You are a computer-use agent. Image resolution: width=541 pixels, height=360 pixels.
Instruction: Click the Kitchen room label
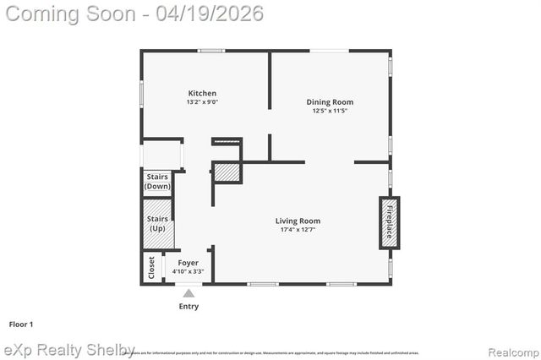tap(202, 93)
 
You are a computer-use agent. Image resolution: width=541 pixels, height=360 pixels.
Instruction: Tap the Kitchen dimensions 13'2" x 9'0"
tap(202, 102)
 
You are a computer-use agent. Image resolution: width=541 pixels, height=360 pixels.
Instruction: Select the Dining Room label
tap(329, 101)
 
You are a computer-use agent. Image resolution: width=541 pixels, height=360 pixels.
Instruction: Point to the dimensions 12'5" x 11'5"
tap(329, 111)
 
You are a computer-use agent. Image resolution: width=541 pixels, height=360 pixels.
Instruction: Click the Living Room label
tap(298, 221)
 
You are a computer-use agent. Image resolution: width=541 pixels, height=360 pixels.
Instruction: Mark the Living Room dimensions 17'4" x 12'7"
tap(298, 230)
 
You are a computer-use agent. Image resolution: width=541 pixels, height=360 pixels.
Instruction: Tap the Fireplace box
tap(389, 223)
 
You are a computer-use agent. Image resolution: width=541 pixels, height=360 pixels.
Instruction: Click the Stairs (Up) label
tap(157, 224)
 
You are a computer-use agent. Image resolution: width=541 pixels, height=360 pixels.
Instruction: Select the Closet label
tap(152, 268)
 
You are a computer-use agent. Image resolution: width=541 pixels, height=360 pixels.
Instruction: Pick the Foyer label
tap(189, 263)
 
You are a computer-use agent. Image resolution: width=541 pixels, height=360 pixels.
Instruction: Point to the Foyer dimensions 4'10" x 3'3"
tap(189, 272)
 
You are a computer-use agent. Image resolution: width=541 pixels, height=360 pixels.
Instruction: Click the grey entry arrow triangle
tap(189, 293)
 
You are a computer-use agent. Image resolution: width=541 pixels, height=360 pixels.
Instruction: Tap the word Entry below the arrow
tap(189, 306)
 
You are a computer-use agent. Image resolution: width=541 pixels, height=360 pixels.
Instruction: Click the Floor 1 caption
tap(20, 324)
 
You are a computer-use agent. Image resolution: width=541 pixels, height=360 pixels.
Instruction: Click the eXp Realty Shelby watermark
tap(69, 350)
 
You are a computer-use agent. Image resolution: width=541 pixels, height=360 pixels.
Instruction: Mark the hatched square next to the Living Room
tap(226, 172)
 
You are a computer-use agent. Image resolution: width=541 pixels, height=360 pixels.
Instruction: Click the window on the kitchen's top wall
tap(210, 51)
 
